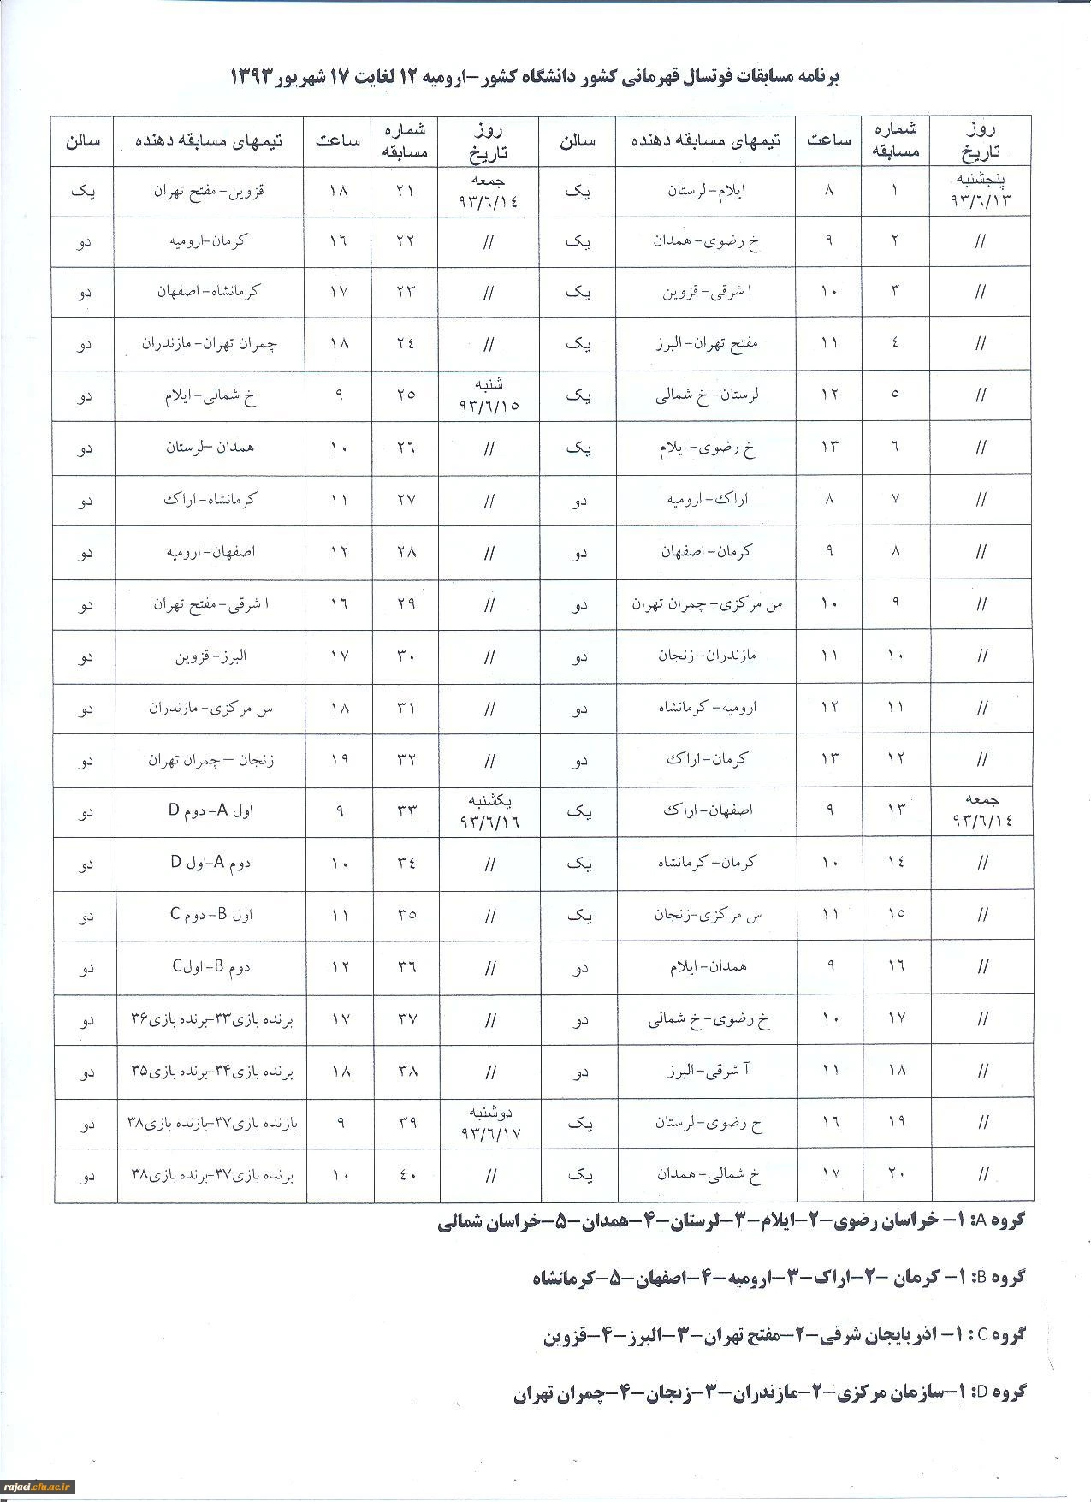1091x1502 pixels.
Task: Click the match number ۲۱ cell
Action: point(406,191)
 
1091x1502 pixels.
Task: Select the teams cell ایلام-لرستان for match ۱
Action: point(706,191)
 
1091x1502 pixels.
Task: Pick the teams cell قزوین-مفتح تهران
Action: point(210,191)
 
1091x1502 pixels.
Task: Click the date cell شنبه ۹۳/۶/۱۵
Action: point(489,395)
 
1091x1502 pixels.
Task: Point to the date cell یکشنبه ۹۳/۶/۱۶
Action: point(489,810)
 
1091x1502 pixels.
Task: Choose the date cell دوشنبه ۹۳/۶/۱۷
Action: point(489,1122)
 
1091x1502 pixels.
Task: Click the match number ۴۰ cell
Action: point(406,1176)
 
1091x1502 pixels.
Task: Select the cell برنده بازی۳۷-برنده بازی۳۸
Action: point(211,1176)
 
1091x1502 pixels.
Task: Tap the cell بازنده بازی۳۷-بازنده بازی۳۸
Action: point(211,1123)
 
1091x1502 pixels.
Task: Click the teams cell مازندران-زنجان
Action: point(707,656)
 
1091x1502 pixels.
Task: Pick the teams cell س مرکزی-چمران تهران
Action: point(707,604)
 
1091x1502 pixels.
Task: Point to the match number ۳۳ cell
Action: point(406,810)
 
